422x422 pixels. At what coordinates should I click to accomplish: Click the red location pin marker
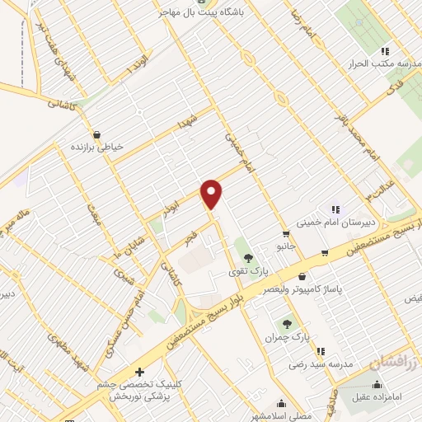[x=212, y=193]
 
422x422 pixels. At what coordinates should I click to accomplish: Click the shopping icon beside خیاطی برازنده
[x=97, y=134]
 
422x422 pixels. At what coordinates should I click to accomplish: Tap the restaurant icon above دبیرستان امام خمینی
[x=335, y=209]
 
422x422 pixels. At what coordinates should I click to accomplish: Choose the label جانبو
[x=285, y=246]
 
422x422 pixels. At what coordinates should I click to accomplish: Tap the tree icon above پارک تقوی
[x=249, y=257]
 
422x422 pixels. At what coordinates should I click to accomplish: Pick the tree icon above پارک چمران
[x=288, y=324]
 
